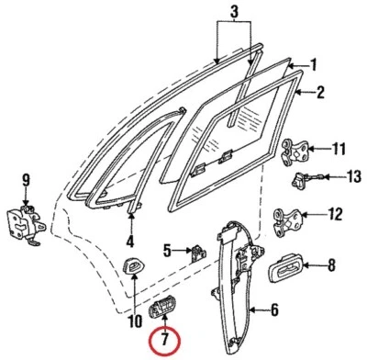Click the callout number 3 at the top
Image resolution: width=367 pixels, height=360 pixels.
coord(234,12)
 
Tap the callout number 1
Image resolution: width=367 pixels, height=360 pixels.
coord(313,66)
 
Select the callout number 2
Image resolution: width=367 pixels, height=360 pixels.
coord(321,92)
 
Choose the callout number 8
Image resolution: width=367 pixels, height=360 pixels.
coord(331,266)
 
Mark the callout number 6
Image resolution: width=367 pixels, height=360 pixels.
coord(272,310)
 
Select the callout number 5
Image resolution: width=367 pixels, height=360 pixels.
coord(167,250)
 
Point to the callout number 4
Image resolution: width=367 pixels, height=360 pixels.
coord(130,242)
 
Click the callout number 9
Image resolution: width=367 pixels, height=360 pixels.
coord(26,179)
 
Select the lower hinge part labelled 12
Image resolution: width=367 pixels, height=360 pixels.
coord(293,218)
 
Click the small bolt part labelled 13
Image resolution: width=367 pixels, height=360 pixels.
coord(303,179)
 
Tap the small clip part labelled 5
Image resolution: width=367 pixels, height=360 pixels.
coord(196,251)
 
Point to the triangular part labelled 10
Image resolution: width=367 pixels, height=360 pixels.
coord(135,268)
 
